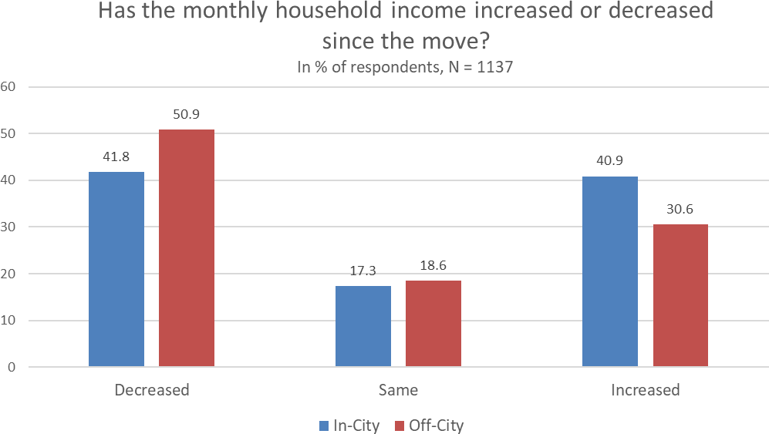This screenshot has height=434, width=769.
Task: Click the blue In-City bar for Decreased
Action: pyautogui.click(x=116, y=269)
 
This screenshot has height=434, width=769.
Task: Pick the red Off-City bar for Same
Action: pyautogui.click(x=433, y=323)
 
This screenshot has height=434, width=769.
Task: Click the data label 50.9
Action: pyautogui.click(x=187, y=114)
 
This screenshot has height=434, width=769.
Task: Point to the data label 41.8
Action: pyautogui.click(x=116, y=156)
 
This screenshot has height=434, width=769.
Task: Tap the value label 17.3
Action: pyautogui.click(x=363, y=271)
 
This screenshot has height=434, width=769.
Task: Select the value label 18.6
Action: pyautogui.click(x=433, y=265)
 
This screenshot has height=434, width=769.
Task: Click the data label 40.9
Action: pyautogui.click(x=610, y=161)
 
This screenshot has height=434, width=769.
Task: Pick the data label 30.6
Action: pyautogui.click(x=680, y=209)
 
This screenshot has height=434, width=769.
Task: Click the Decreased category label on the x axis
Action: pyautogui.click(x=151, y=389)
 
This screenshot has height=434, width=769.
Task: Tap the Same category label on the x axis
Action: pyautogui.click(x=398, y=389)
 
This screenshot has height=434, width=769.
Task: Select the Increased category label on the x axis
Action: pyautogui.click(x=646, y=389)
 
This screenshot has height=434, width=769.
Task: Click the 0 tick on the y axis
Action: pyautogui.click(x=12, y=367)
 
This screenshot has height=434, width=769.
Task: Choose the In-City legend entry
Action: pyautogui.click(x=349, y=426)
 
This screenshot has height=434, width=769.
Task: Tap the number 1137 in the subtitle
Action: pyautogui.click(x=496, y=67)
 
